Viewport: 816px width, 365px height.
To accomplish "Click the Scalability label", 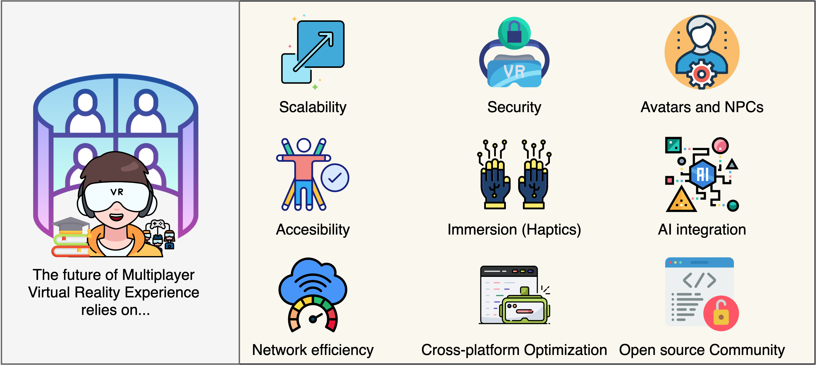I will pos(313,107).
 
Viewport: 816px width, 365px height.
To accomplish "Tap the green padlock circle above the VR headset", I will pos(514,33).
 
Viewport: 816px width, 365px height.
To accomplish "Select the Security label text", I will pos(514,107).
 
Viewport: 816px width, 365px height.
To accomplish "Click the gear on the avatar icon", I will pos(701,74).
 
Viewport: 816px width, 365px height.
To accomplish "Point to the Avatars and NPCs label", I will pos(702,107).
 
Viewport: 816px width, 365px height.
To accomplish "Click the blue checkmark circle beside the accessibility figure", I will pos(335,178).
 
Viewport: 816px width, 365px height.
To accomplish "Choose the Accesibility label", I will pos(313,229).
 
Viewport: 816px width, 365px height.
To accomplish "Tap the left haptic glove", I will pos(495,184).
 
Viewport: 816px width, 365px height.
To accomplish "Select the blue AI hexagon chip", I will pos(703,174).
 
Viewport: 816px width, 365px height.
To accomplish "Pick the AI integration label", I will pos(702,229).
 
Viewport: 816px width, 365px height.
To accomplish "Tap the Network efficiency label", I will pos(313,350).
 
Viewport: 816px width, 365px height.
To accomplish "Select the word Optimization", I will pos(565,350).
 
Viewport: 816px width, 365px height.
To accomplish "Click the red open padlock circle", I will pos(721,313).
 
